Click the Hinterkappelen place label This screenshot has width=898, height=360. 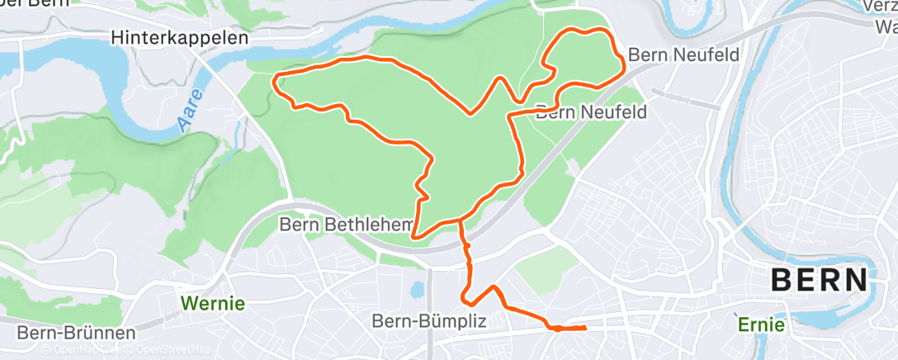pos(180,38)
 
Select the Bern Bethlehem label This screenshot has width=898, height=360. pos(345,224)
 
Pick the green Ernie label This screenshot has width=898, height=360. pos(761,324)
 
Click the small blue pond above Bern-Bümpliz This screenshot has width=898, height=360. pos(416,291)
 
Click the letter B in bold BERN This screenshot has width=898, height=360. pos(781,281)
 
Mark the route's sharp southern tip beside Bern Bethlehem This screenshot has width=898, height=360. pos(413,237)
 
